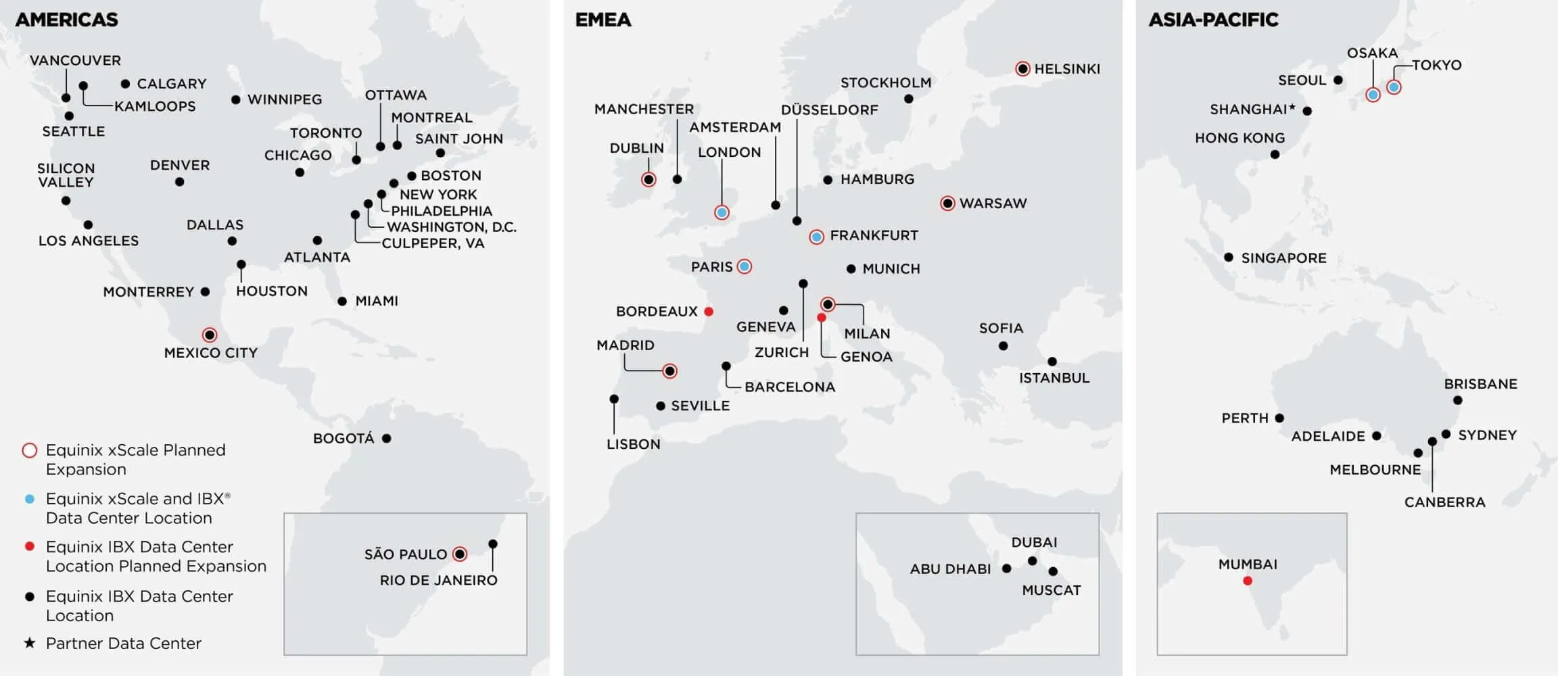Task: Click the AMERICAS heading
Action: pos(66,20)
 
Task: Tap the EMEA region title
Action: pos(603,20)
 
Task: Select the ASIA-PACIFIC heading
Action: pos(1213,20)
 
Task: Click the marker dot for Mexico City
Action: pos(210,335)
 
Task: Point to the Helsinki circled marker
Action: pos(1022,68)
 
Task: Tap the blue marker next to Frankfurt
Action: pos(817,237)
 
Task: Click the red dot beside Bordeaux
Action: pos(709,312)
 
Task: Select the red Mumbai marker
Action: pos(1248,581)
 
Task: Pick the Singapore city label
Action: pos(1283,258)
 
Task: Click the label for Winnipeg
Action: pos(284,99)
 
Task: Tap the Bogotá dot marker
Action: pos(387,438)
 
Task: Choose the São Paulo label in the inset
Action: pos(405,554)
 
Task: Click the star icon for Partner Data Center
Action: pos(30,642)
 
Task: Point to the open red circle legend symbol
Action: pos(30,450)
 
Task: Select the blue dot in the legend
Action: pos(30,499)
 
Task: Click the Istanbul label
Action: pos(1054,378)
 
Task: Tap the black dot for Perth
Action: pos(1279,418)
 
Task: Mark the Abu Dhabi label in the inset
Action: pos(950,569)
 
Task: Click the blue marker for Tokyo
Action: pos(1394,87)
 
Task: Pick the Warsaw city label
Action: pos(993,203)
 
